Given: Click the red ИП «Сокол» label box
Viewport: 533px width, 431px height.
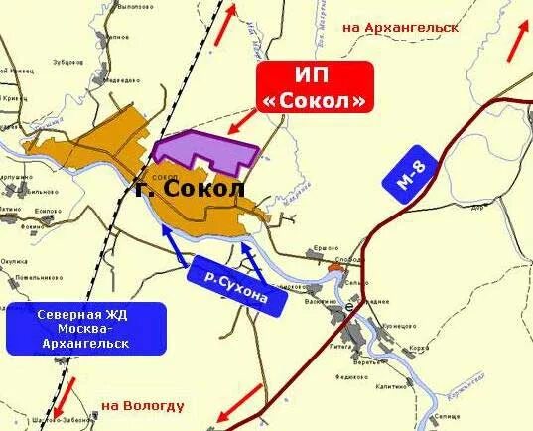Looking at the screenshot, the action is (317, 87).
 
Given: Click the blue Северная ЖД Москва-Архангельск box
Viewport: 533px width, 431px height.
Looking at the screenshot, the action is (83, 329).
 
